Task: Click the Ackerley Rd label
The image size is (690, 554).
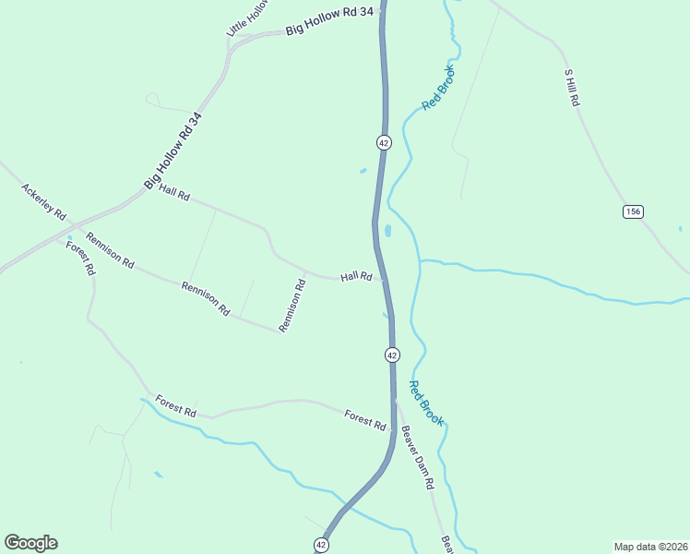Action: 43,201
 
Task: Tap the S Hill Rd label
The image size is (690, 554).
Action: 571,88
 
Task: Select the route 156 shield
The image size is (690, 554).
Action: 632,211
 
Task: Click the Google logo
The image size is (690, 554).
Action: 30,543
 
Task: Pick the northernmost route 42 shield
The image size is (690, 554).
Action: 384,142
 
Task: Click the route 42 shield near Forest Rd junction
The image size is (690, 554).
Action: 392,355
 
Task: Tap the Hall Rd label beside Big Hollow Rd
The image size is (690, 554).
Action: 173,192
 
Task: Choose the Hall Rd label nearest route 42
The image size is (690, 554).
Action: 356,276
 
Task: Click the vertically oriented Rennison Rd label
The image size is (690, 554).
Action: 300,300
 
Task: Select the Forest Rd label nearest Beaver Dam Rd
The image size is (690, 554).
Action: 365,419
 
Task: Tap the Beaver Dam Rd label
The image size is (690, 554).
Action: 418,458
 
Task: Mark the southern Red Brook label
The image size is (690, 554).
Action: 426,403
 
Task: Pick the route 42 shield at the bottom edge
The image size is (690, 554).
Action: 320,545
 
